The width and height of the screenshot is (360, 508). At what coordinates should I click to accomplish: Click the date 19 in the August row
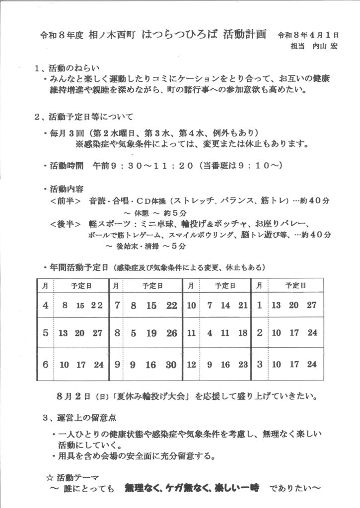151,333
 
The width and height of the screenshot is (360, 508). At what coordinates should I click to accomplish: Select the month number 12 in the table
191,365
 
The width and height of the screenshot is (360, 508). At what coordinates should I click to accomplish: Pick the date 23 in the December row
243,365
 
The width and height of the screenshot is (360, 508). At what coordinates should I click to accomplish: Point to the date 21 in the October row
243,305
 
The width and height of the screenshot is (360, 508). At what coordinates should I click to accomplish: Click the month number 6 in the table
45,365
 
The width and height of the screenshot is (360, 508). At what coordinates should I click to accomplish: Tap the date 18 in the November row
243,333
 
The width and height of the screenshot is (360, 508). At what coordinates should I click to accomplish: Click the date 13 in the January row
277,305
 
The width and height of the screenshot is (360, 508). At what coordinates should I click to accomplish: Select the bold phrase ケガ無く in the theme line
192,488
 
